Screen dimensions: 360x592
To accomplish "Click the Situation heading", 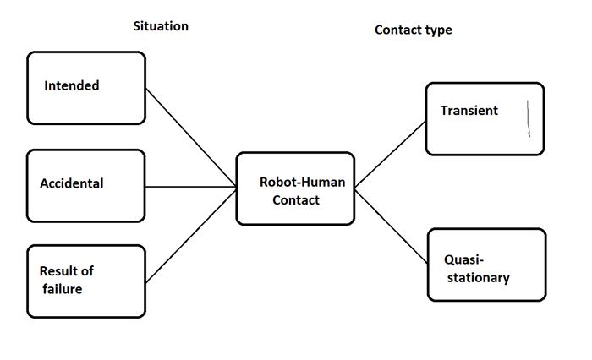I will coord(161,26).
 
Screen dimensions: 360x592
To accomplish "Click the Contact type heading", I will coord(413,30).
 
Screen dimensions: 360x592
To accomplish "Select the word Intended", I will coord(72,85).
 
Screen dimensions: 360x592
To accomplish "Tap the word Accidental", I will coord(72,183).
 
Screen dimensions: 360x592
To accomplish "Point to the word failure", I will coord(65,289).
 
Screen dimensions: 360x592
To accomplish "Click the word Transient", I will coord(469,111).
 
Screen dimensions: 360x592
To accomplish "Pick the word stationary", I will coord(476,277).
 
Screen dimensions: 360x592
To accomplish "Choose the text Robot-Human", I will coord(295,181).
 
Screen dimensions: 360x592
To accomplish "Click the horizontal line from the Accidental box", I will coord(190,187).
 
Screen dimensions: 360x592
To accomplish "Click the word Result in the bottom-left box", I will coord(59,271).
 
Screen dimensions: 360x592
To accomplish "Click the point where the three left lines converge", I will coord(237,187).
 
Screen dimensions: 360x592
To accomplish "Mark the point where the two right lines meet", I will coord(354,187).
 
